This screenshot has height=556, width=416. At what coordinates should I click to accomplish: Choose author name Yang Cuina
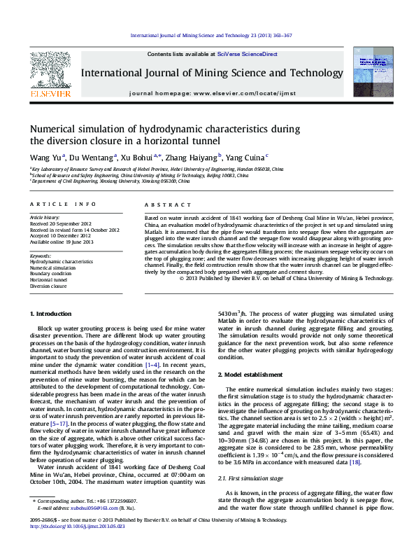(x=245, y=158)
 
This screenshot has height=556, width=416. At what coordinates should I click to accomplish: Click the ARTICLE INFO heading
(x=63, y=204)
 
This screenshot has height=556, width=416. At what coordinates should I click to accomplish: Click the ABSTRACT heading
(x=162, y=204)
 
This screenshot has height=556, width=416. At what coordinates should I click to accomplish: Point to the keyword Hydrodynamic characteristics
(x=61, y=261)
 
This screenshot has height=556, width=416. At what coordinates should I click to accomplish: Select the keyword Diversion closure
(x=48, y=286)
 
